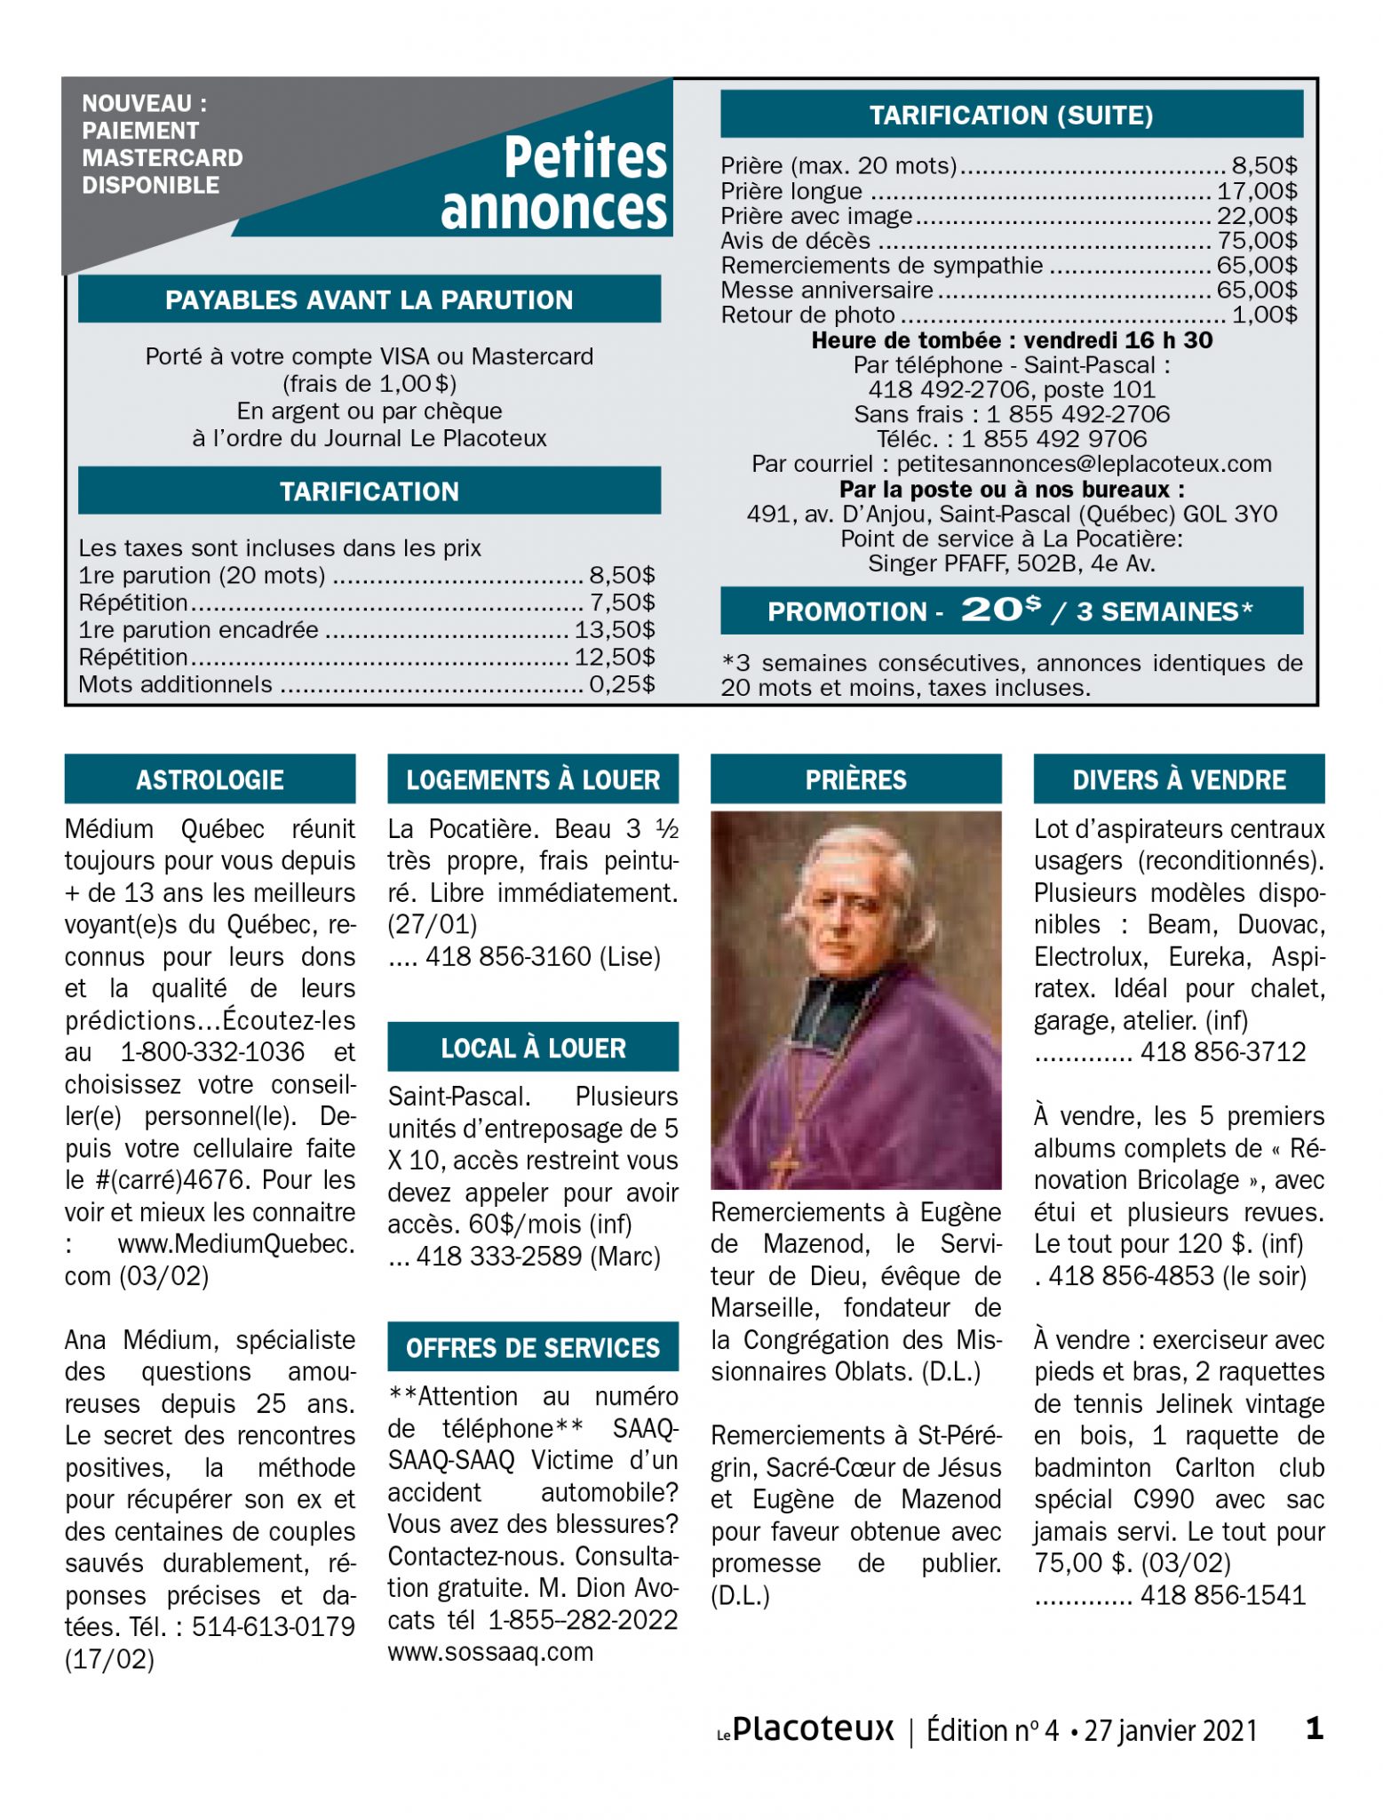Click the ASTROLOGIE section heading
pyautogui.click(x=210, y=779)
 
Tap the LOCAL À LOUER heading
pyautogui.click(x=533, y=1048)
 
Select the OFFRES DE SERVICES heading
pyautogui.click(x=533, y=1347)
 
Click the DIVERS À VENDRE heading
pyautogui.click(x=1179, y=779)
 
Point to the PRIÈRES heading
pyautogui.click(x=855, y=779)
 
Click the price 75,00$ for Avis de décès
pyautogui.click(x=1256, y=241)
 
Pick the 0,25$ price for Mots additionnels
pyautogui.click(x=622, y=684)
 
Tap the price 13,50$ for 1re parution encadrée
pyautogui.click(x=615, y=630)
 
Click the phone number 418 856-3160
pyautogui.click(x=508, y=957)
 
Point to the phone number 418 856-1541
pyautogui.click(x=1223, y=1595)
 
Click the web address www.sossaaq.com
pyautogui.click(x=490, y=1652)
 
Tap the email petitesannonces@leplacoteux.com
pyautogui.click(x=1084, y=464)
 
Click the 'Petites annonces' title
pyautogui.click(x=555, y=183)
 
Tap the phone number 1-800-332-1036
pyautogui.click(x=213, y=1052)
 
